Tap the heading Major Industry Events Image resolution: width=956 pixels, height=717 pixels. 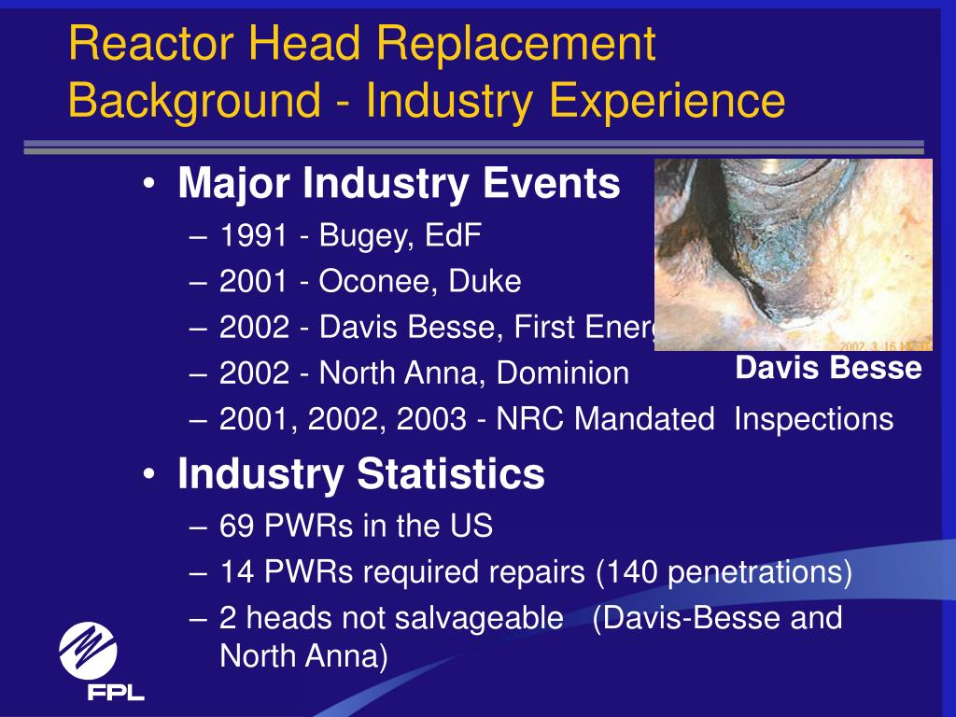pos(399,184)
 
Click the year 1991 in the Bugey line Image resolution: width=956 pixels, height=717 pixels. pos(252,235)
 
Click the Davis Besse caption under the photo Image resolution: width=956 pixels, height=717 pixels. pos(828,367)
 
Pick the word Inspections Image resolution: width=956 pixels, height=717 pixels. pos(813,419)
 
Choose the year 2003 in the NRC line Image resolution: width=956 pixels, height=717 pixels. pos(430,419)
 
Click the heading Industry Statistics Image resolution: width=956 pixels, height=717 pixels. pos(360,474)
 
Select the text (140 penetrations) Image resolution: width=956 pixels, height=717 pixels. pos(724,572)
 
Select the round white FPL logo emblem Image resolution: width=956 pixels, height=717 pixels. pos(88,650)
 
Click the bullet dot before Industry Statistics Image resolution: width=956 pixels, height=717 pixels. pos(150,476)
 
